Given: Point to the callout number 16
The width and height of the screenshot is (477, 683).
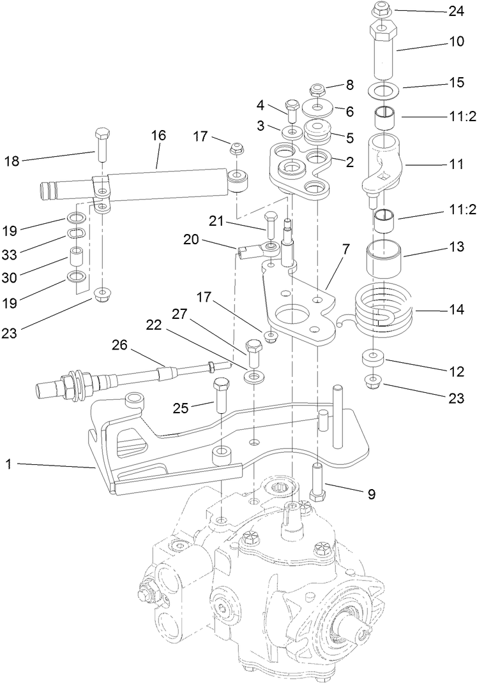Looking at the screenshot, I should coord(158,135).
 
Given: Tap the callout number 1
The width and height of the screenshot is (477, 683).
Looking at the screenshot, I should coord(8,465).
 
